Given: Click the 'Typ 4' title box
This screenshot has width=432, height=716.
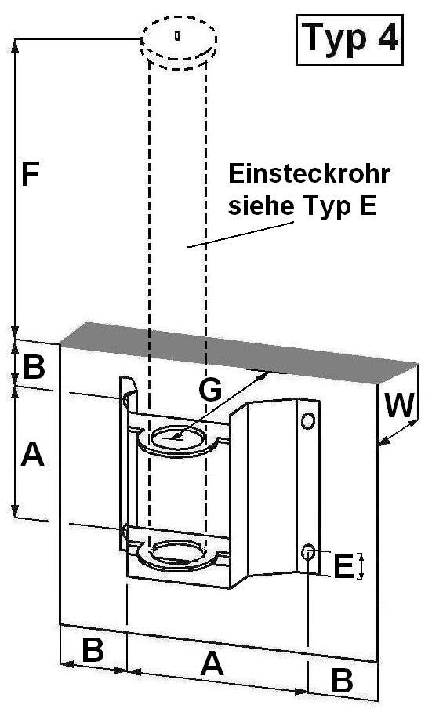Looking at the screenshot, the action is (350, 40).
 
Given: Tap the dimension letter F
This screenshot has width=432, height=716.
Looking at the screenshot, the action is (30, 173).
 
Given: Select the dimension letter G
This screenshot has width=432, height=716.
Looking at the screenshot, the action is (210, 390).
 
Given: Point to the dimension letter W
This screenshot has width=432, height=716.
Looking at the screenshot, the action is (400, 405).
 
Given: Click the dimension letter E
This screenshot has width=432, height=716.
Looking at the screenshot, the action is (344, 566).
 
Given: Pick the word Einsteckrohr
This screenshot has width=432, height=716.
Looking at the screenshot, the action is (309, 173).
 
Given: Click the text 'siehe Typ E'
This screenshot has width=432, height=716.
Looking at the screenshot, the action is (302, 205).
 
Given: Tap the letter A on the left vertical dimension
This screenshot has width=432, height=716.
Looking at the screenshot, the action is (33, 454).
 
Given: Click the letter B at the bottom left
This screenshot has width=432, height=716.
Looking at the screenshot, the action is (93, 649).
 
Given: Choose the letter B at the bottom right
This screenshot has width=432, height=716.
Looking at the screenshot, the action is (342, 681).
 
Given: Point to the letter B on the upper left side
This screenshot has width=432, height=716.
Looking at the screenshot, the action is (34, 366).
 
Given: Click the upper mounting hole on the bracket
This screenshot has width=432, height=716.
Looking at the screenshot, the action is (308, 420).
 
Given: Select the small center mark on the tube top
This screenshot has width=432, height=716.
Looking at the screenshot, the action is (178, 35).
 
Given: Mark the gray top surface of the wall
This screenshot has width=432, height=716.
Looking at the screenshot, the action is (238, 349).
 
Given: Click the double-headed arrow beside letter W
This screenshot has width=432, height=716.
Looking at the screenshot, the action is (398, 432).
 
